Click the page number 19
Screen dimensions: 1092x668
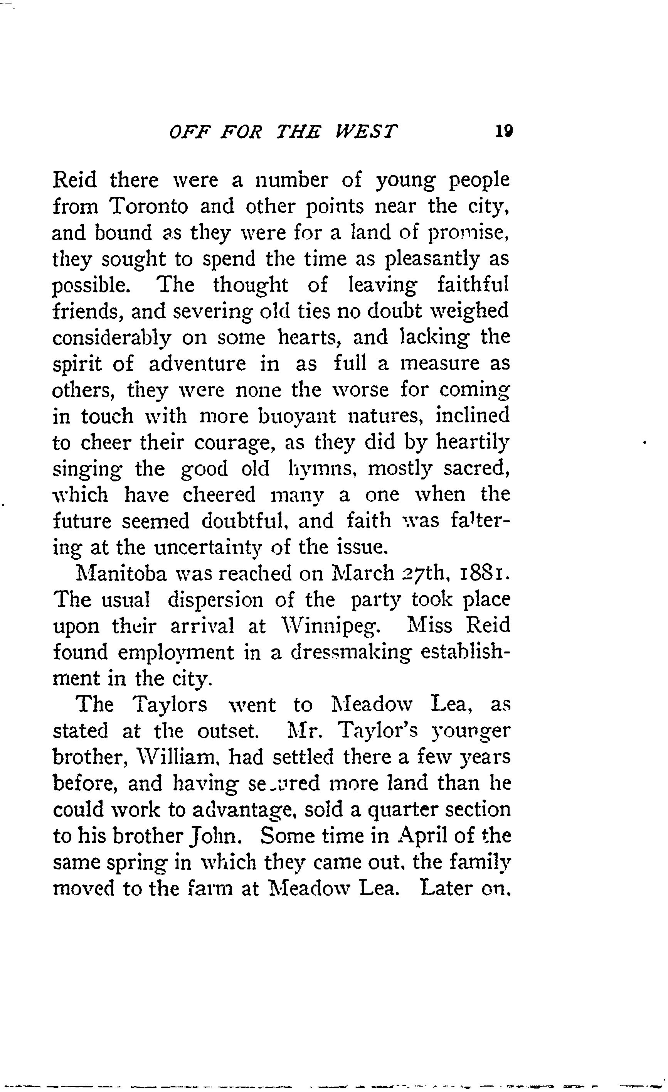tap(504, 131)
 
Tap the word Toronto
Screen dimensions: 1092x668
tap(148, 206)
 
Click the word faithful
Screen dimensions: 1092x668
tap(473, 285)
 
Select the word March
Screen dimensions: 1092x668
tap(362, 574)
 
